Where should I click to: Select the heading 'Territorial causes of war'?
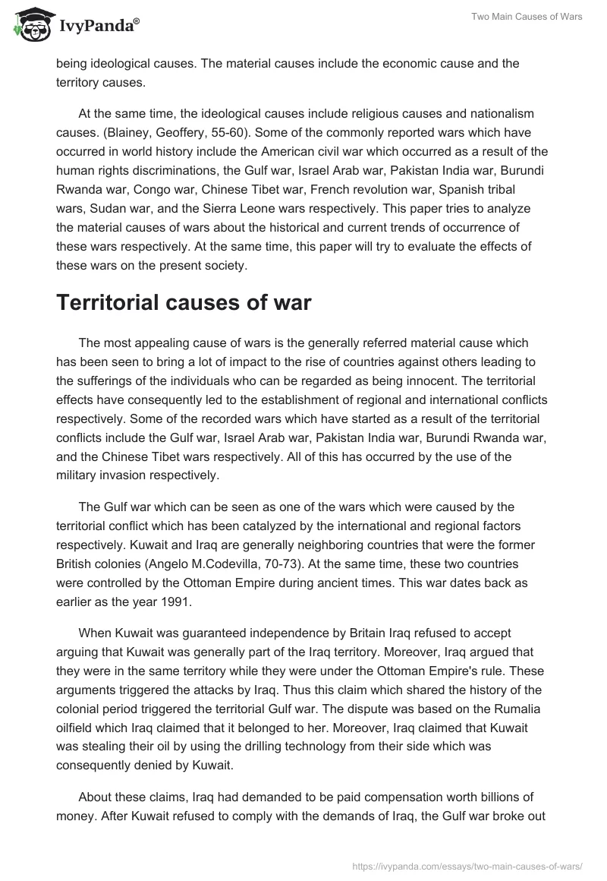pyautogui.click(x=183, y=302)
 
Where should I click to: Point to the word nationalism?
pyautogui.click(x=498, y=113)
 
